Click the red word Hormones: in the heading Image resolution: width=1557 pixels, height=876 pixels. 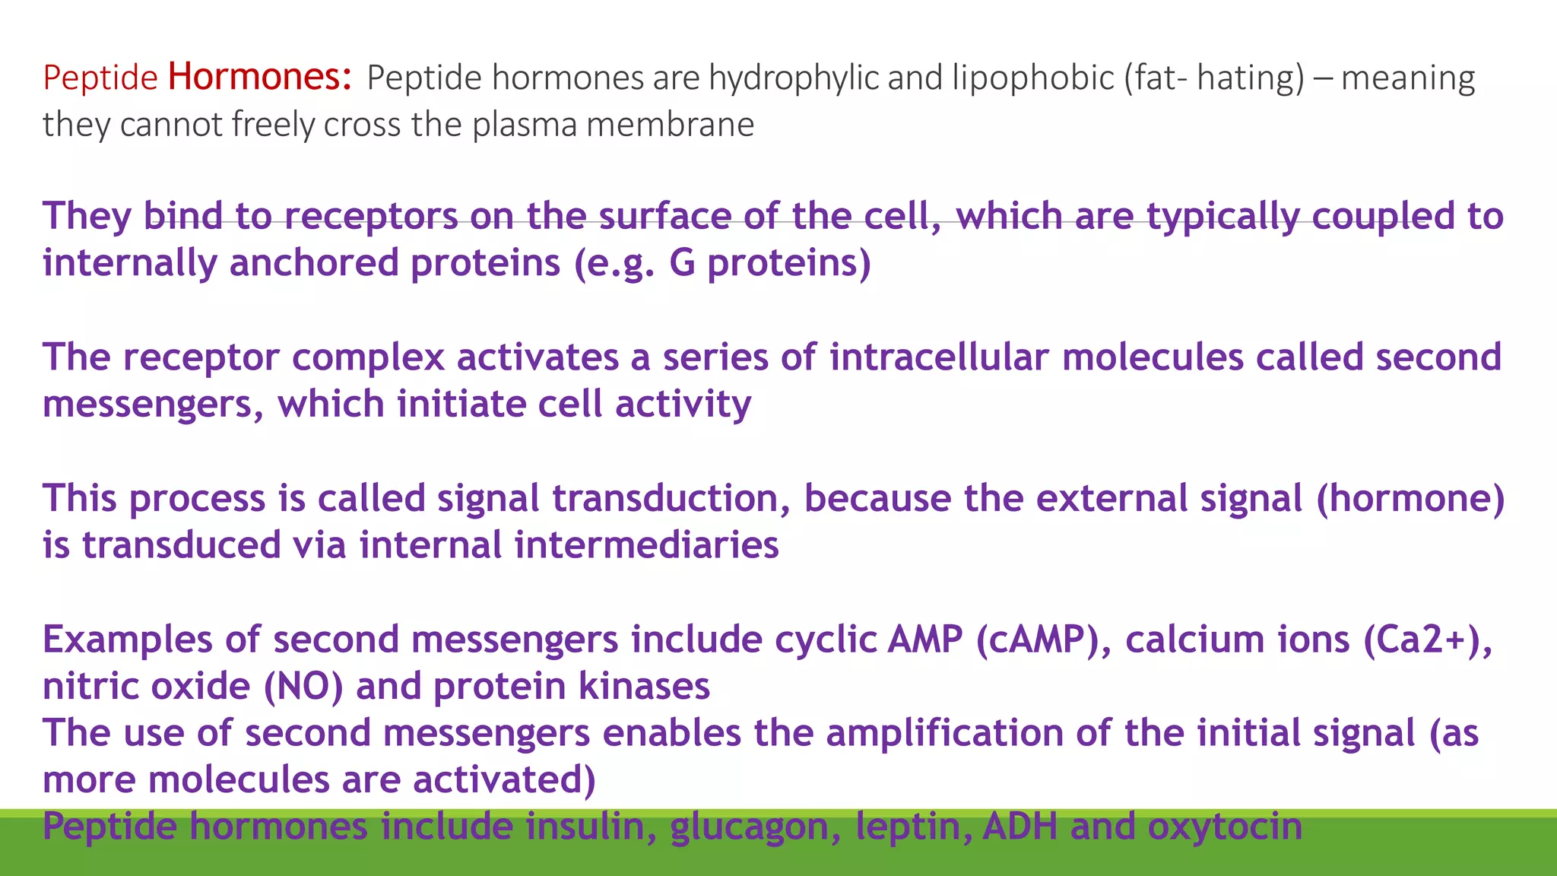pyautogui.click(x=260, y=77)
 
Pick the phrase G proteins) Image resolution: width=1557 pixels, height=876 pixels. pyautogui.click(x=769, y=264)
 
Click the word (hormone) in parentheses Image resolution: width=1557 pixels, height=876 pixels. pyautogui.click(x=1410, y=499)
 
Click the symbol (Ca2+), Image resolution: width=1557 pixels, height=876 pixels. pyautogui.click(x=1428, y=640)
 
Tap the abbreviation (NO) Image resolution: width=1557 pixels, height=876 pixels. pyautogui.click(x=303, y=687)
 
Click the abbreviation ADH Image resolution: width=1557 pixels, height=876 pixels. pyautogui.click(x=1020, y=827)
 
